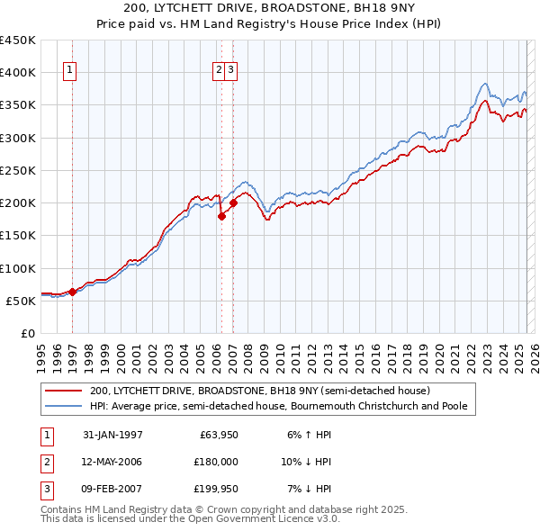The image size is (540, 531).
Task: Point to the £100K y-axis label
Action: (18, 268)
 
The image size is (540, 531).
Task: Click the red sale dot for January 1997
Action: (73, 292)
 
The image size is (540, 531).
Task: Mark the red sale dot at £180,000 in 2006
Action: (221, 216)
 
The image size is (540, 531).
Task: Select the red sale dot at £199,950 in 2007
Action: (233, 202)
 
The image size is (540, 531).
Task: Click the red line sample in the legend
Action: (65, 391)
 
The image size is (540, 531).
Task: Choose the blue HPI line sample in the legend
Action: (65, 406)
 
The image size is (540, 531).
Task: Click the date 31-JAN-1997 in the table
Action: (112, 434)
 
